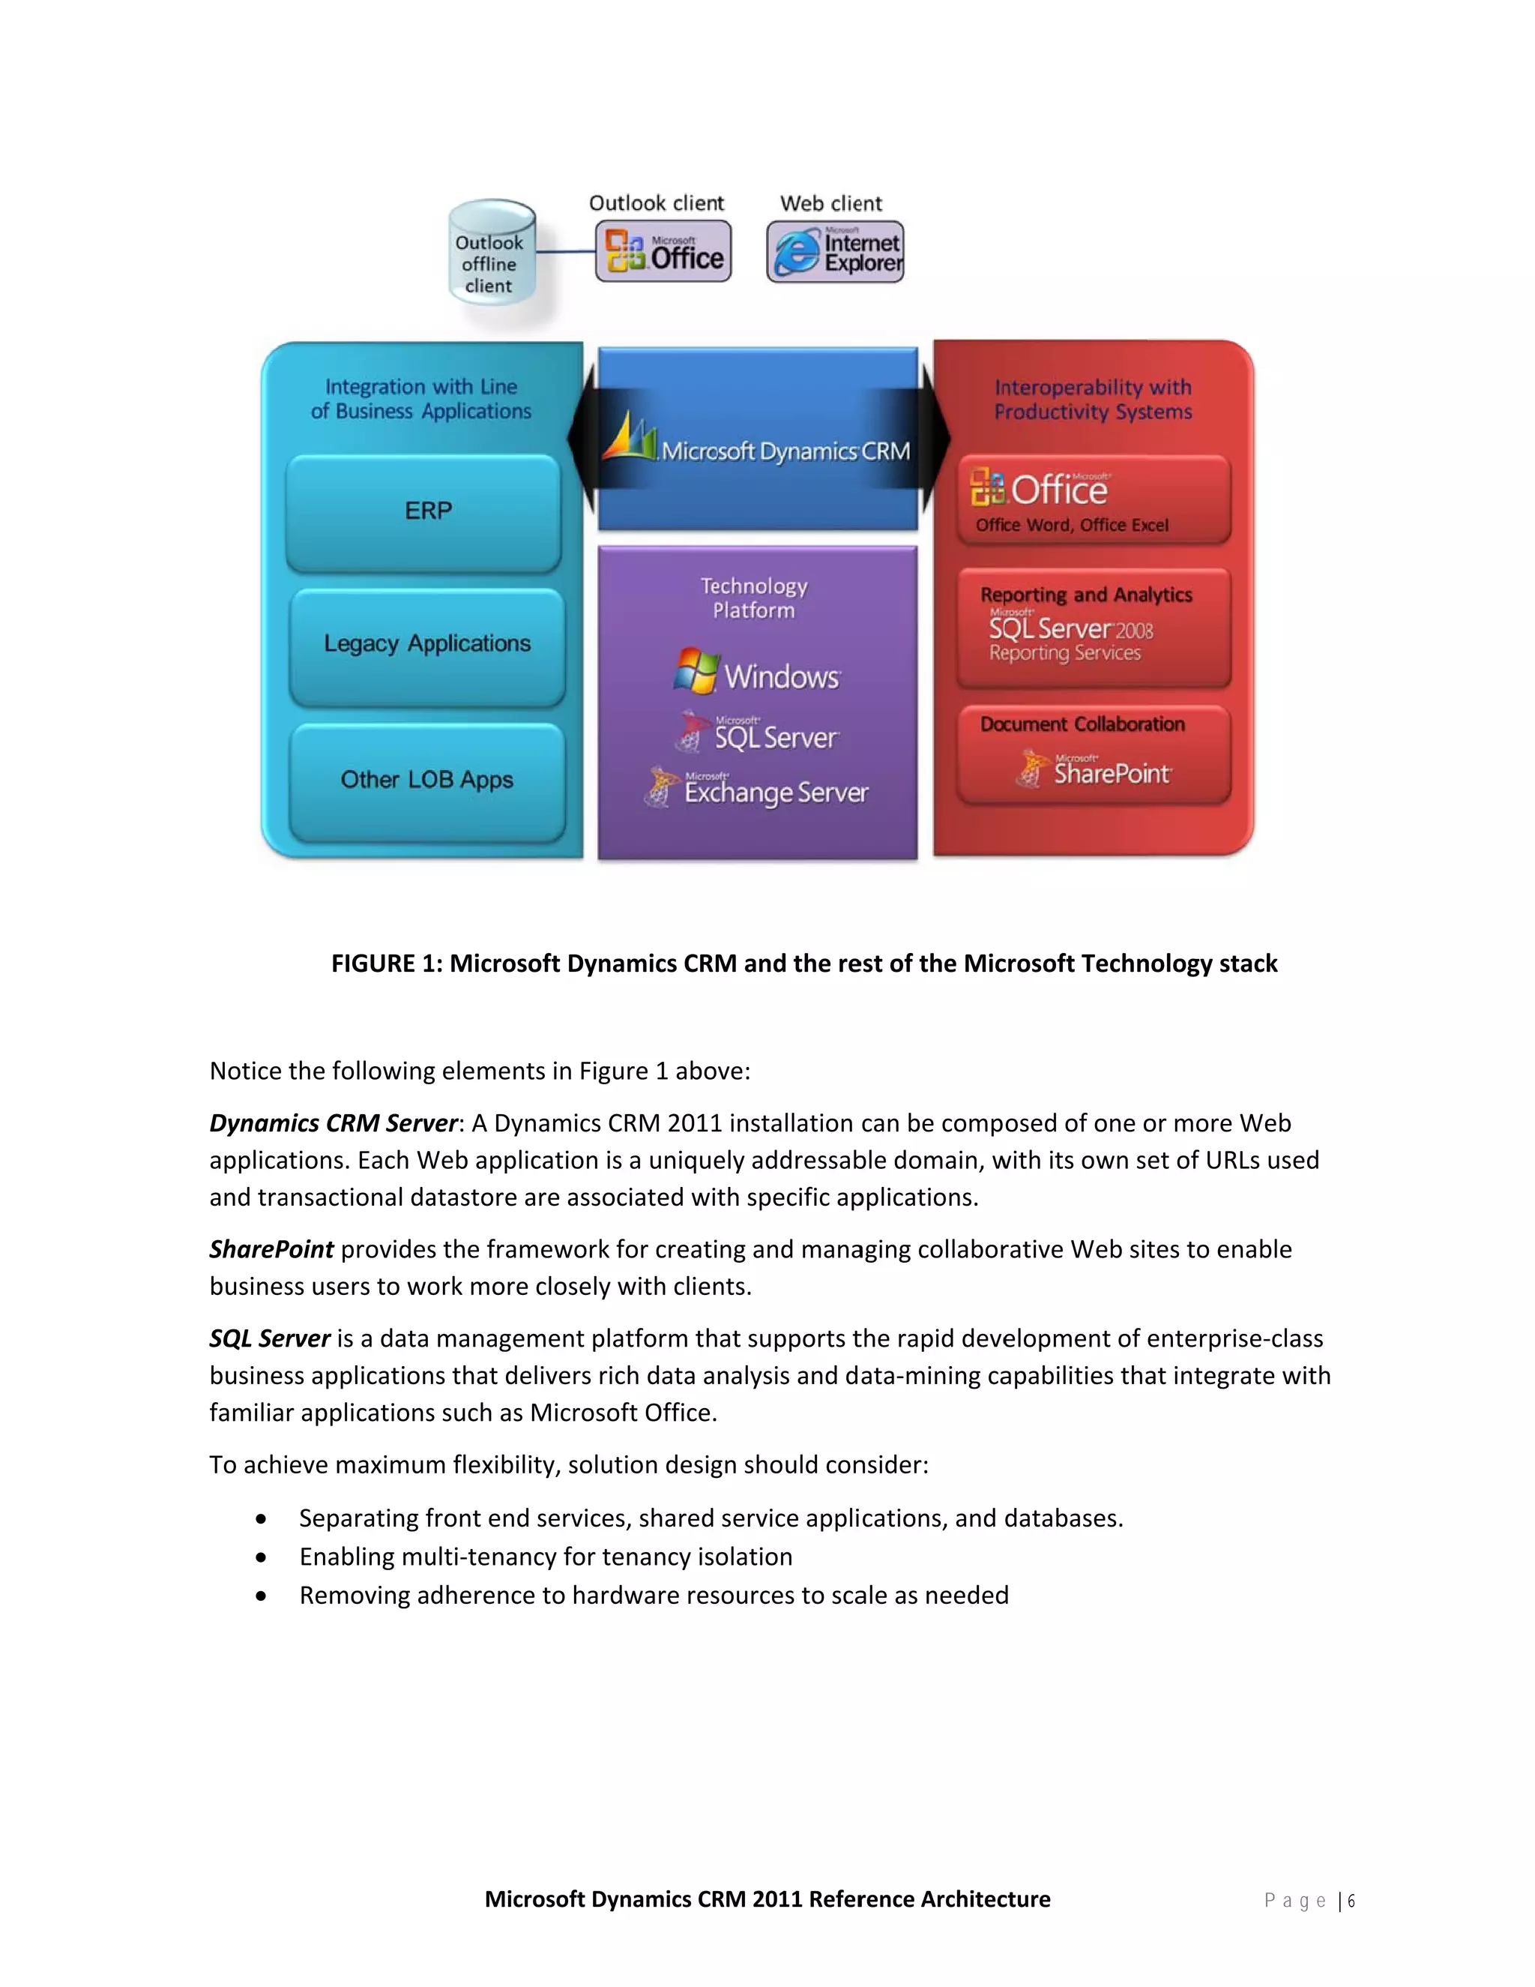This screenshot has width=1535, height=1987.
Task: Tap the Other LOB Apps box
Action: tap(426, 781)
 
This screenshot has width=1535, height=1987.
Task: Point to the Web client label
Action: tap(831, 204)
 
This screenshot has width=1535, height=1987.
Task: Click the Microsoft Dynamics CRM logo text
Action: tap(784, 451)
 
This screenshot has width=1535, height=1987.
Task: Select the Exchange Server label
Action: tap(776, 792)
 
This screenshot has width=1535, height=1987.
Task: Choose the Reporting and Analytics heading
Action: tap(1086, 595)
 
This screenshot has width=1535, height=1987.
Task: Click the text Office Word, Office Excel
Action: tap(1071, 525)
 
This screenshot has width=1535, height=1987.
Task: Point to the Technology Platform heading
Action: tap(754, 598)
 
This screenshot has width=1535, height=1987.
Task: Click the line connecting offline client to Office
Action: tap(566, 252)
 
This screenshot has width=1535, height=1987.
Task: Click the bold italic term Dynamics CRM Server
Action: tap(333, 1122)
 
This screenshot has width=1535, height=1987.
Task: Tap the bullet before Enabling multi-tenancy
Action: tap(262, 1557)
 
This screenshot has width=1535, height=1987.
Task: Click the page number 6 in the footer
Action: tap(1351, 1901)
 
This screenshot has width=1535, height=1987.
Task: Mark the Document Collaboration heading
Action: tap(1082, 724)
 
